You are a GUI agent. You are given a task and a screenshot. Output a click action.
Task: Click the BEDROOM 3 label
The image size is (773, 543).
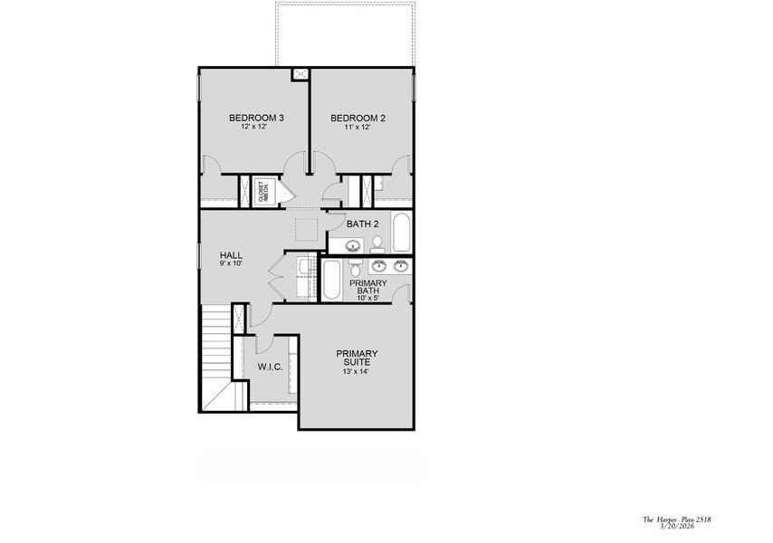pos(256,118)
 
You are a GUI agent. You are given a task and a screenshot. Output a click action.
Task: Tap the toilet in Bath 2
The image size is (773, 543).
pos(377,243)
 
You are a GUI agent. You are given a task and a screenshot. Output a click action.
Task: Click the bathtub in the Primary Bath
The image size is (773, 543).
pos(332,281)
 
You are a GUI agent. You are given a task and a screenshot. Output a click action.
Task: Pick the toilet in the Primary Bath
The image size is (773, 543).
pos(356,269)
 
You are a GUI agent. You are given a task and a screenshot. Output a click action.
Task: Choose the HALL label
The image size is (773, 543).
pos(231,255)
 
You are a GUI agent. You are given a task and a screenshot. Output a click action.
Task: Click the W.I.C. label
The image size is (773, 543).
pos(270,367)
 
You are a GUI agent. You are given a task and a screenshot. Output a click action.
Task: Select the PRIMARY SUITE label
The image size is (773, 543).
pos(357,357)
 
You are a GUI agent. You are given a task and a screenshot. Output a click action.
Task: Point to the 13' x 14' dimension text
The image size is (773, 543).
pos(357,372)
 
